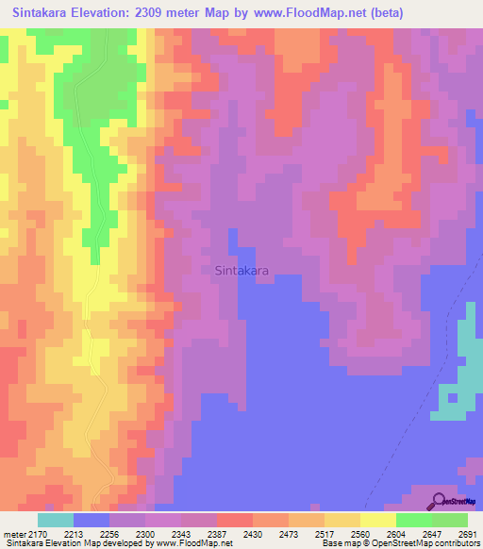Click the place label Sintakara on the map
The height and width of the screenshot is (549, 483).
[x=241, y=271]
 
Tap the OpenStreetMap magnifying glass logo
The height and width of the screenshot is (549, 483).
[x=440, y=501]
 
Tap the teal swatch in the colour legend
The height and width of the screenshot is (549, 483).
[x=56, y=520]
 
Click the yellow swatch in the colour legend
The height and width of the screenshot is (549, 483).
[x=378, y=520]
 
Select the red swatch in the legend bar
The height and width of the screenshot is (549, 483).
[x=235, y=520]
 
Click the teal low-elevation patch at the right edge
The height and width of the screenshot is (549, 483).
[x=466, y=368]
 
